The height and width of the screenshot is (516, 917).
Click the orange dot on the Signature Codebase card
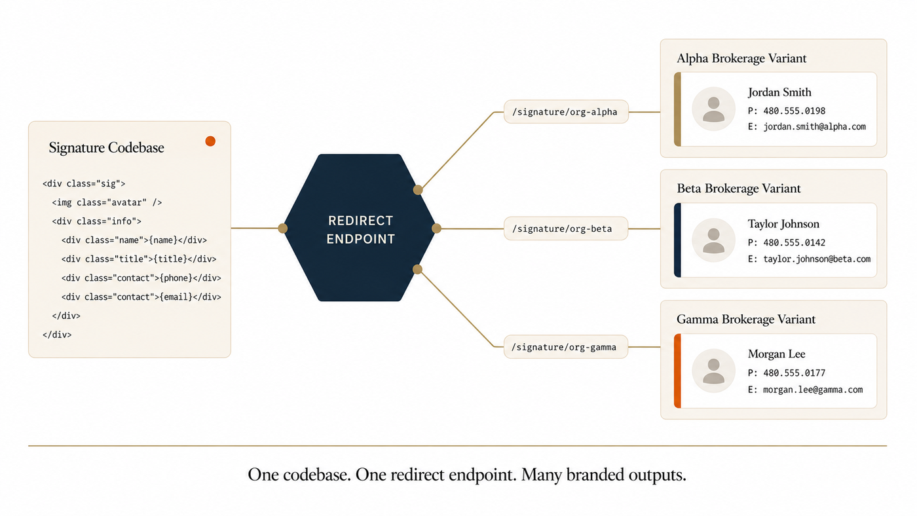pyautogui.click(x=210, y=141)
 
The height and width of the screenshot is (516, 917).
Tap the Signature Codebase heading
pyautogui.click(x=106, y=148)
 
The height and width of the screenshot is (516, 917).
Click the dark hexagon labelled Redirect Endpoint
pyautogui.click(x=360, y=228)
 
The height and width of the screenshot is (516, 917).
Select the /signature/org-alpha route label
pyautogui.click(x=566, y=112)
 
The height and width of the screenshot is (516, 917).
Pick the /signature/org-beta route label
pyautogui.click(x=566, y=229)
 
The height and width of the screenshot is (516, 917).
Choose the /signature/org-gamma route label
pyautogui.click(x=566, y=347)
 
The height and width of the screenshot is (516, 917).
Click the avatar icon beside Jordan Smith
pyautogui.click(x=713, y=109)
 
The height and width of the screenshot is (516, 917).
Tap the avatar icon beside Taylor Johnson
pyautogui.click(x=713, y=240)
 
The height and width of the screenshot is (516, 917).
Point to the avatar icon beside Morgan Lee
pyautogui.click(x=713, y=371)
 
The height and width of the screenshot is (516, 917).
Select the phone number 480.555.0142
pyautogui.click(x=794, y=242)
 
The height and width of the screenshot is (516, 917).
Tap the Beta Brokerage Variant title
pyautogui.click(x=739, y=188)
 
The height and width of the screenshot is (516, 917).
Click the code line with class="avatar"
pyautogui.click(x=107, y=202)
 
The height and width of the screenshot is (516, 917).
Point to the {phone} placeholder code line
pyautogui.click(x=141, y=278)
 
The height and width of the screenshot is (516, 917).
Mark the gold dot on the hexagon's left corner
pyautogui.click(x=282, y=229)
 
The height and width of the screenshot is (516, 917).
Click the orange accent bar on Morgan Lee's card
pyautogui.click(x=677, y=371)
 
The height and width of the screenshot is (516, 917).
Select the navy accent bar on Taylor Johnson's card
pyautogui.click(x=677, y=240)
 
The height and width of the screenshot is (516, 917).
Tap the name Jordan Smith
pyautogui.click(x=779, y=92)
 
